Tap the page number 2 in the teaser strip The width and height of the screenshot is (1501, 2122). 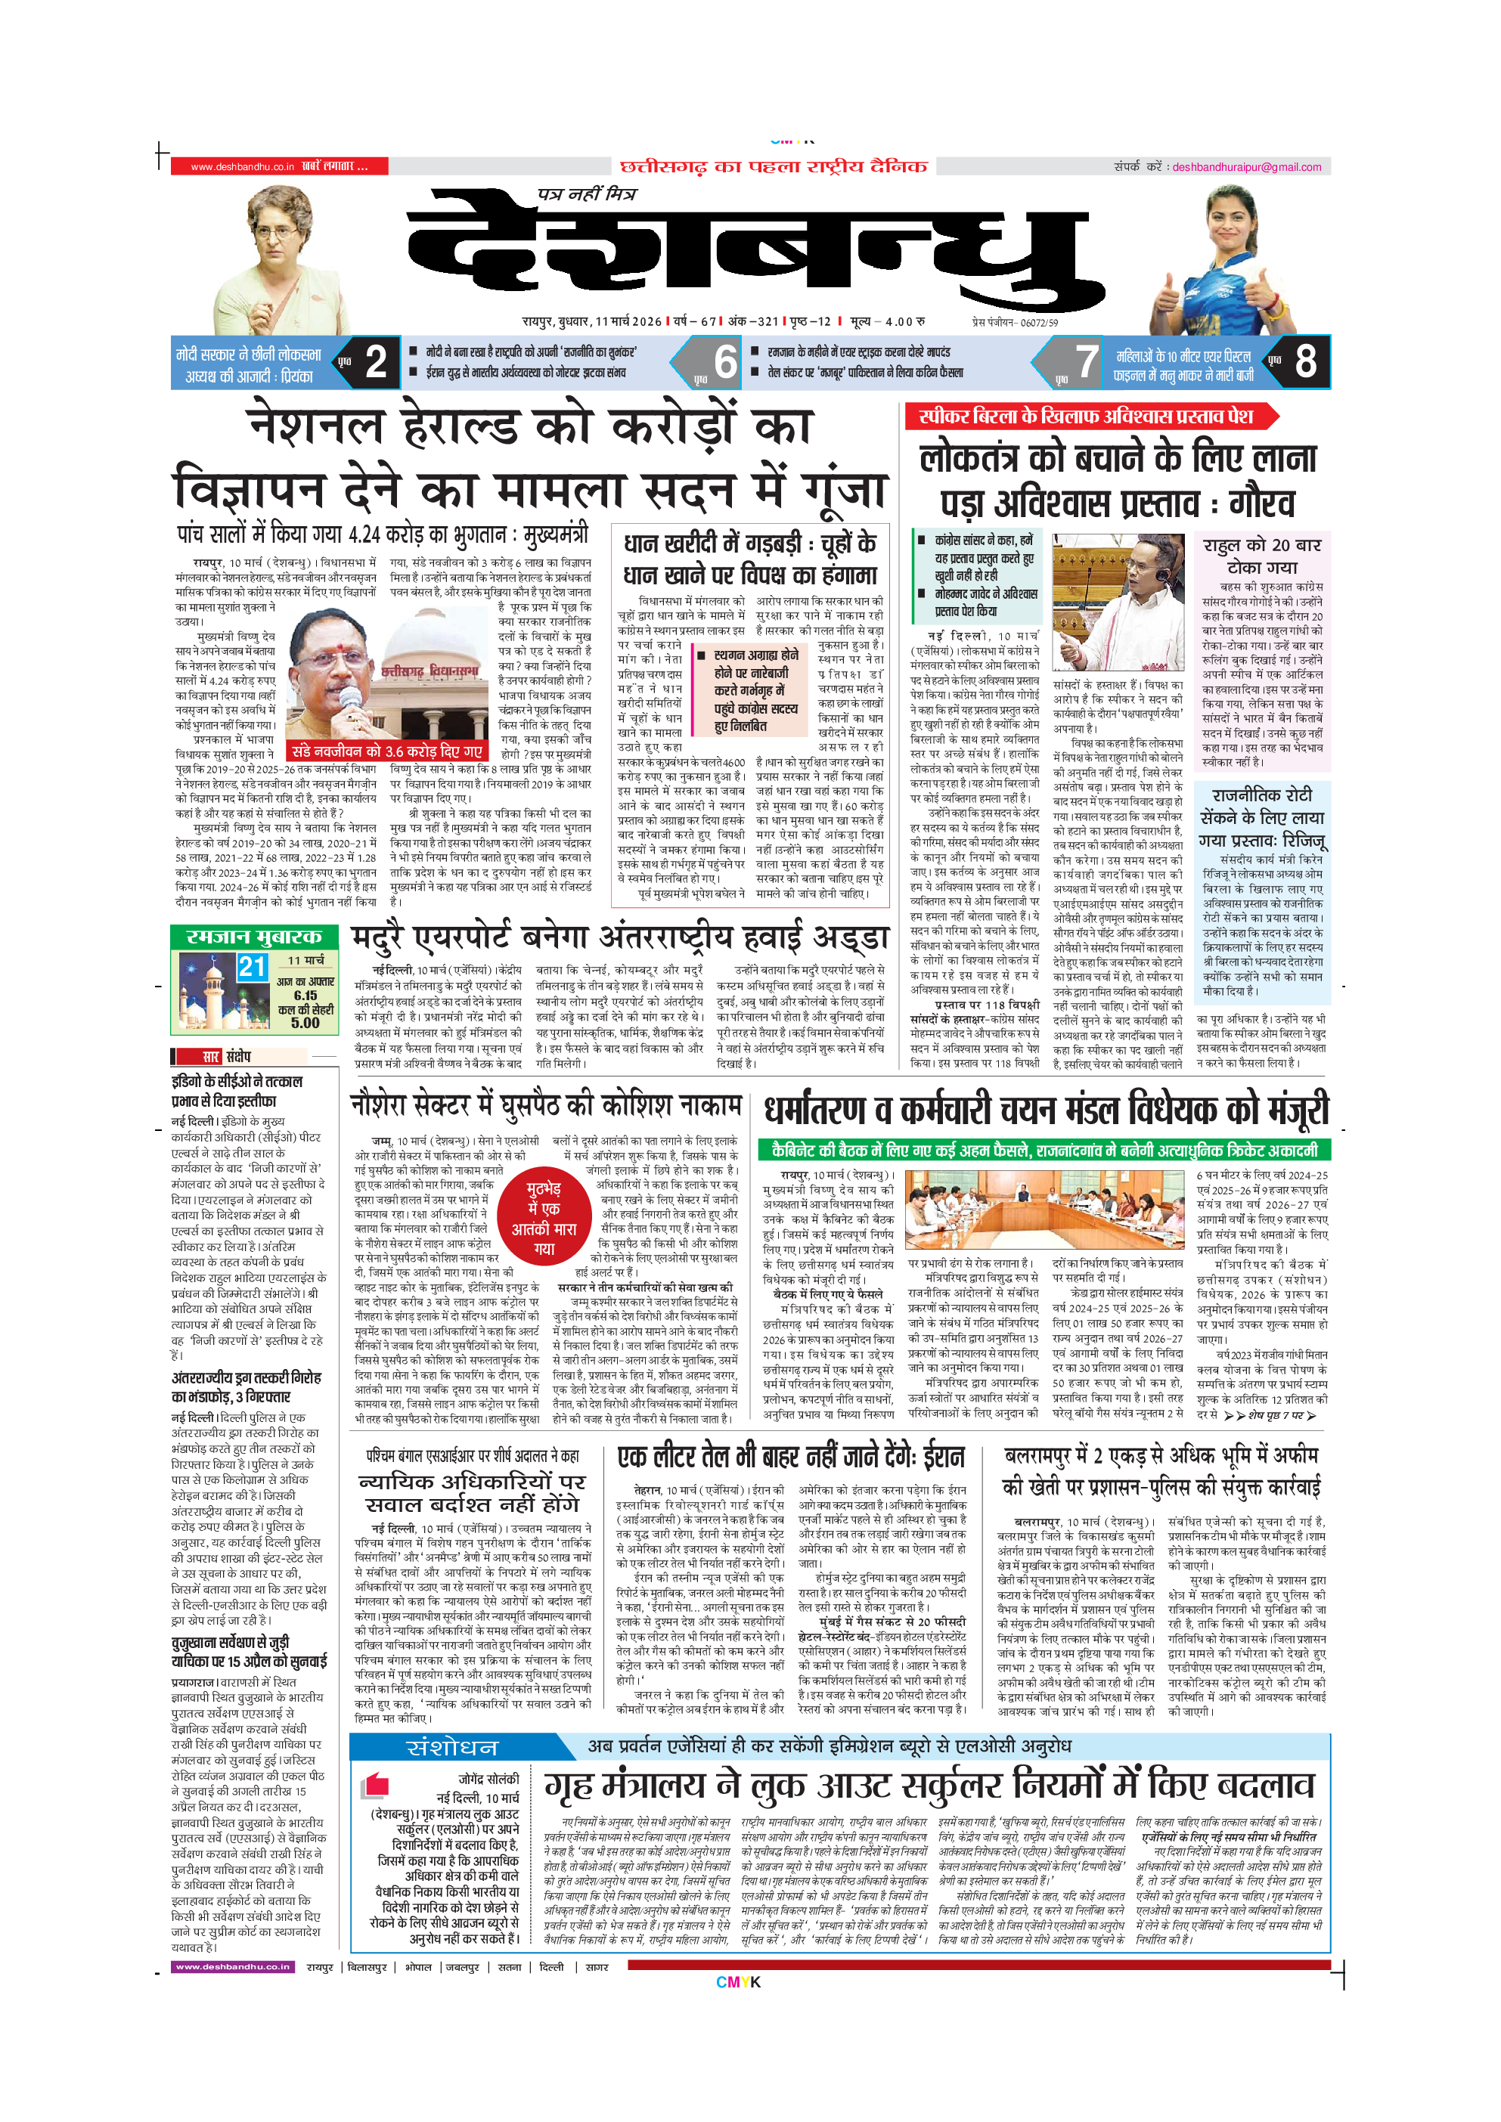pyautogui.click(x=375, y=361)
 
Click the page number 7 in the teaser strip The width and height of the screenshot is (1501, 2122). pyautogui.click(x=1087, y=361)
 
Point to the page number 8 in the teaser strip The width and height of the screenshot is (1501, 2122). pyautogui.click(x=1305, y=361)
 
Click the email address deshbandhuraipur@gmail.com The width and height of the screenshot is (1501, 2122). pyautogui.click(x=1246, y=167)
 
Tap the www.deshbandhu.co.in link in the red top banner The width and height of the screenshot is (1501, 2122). pyautogui.click(x=242, y=167)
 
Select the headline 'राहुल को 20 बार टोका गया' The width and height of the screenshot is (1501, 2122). pyautogui.click(x=1261, y=556)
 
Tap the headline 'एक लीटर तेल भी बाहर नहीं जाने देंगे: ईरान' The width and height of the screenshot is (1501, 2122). pyautogui.click(x=790, y=1458)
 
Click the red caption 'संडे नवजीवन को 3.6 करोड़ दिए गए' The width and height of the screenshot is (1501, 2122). pyautogui.click(x=387, y=751)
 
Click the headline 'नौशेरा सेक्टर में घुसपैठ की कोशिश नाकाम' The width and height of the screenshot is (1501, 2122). pyautogui.click(x=545, y=1105)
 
